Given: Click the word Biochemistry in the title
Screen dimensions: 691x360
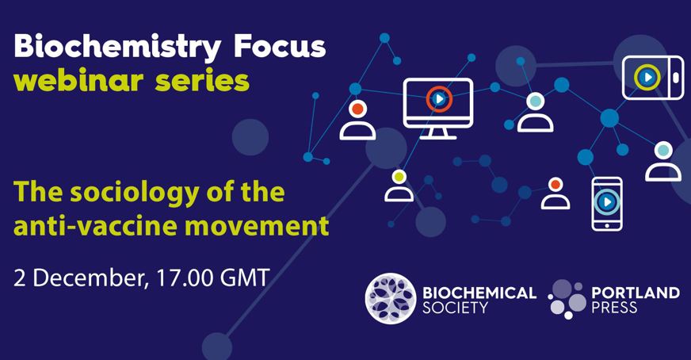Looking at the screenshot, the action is pos(117,46).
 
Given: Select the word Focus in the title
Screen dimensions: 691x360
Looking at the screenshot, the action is pos(280,45).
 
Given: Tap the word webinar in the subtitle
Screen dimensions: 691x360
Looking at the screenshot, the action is pos(79,80).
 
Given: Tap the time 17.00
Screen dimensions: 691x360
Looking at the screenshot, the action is pos(185,278).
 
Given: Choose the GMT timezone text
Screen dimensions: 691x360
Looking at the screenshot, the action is pos(245,278).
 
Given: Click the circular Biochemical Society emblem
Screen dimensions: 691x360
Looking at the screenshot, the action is pos(391,299).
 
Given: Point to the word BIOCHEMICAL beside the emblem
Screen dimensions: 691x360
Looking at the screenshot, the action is pos(479,293).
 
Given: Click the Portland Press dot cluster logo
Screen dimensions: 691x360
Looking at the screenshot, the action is pos(567,299).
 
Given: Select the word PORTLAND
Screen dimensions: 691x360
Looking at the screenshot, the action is pos(636,293).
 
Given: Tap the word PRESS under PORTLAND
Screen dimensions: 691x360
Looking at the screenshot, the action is pos(614,307).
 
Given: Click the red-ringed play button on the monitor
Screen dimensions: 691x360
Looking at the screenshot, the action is pos(439,99).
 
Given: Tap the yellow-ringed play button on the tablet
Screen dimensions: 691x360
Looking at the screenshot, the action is pos(647,77).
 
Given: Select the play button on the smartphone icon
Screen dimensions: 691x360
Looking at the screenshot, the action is pos(607,202).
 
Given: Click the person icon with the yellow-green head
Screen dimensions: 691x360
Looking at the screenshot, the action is pos(399,186).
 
